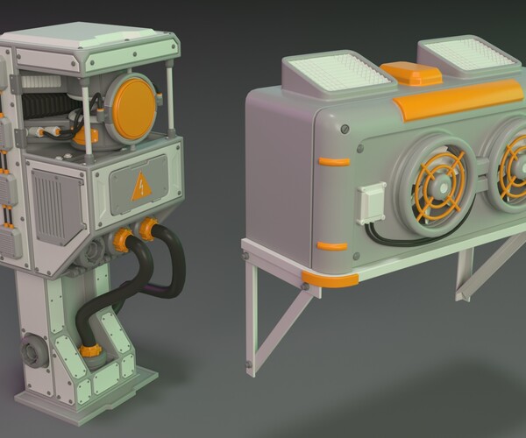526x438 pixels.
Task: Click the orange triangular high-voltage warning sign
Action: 139,187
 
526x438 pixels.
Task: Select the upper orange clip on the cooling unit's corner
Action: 334,161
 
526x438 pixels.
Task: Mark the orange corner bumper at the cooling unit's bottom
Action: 331,279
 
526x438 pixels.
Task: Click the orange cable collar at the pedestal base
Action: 88,350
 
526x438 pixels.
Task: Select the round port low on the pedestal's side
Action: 31,355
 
